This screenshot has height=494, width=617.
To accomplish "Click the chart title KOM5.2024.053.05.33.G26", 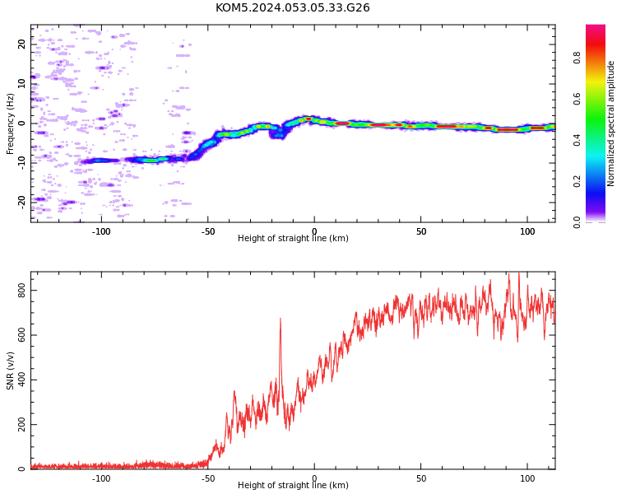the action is coord(292,8).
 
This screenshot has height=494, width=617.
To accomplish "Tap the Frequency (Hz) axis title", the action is coord(10,123).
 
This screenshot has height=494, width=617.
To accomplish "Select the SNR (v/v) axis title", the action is coord(10,371).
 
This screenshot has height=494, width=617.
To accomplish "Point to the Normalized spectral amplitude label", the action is coord(610,123).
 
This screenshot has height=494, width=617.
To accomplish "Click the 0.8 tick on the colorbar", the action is coord(577,58).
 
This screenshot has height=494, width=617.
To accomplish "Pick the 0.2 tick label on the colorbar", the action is coord(577,181).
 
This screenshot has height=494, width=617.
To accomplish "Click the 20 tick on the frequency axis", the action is coord(21,44).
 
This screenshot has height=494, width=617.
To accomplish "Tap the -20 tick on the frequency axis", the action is coord(21,203).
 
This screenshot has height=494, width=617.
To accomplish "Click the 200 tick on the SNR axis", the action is coord(21,424).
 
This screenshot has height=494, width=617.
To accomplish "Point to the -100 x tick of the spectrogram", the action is coord(101,231).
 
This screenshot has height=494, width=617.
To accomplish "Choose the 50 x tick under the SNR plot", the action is coord(421,478).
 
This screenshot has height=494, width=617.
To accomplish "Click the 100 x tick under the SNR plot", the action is coord(527,478).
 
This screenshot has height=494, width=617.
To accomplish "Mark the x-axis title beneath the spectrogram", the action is coord(293,238).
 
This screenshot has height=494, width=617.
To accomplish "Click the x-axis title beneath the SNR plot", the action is coord(293,485).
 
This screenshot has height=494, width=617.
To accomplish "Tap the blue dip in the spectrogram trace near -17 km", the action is coord(278,133).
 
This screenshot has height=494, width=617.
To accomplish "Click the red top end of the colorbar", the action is coord(596,28).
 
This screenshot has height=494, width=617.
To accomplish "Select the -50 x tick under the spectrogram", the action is coord(208,231).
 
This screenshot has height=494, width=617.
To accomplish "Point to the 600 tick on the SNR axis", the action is coord(21,335).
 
